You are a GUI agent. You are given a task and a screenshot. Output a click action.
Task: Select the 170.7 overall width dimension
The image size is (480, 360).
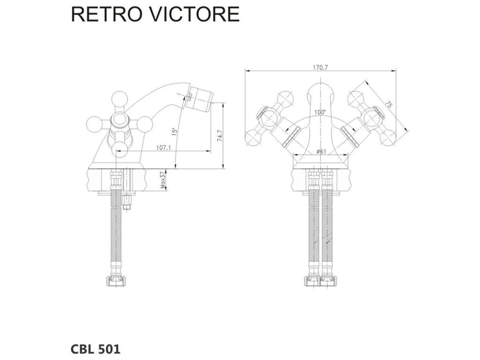tap(320, 67)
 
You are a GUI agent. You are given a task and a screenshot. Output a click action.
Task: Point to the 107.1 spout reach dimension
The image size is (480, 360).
tap(163, 148)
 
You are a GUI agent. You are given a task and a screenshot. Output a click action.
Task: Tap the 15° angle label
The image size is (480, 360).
tap(173, 132)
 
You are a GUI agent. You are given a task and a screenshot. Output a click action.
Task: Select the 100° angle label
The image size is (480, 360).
tap(320, 112)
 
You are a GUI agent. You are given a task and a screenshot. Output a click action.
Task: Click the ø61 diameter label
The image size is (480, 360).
tap(321, 151)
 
